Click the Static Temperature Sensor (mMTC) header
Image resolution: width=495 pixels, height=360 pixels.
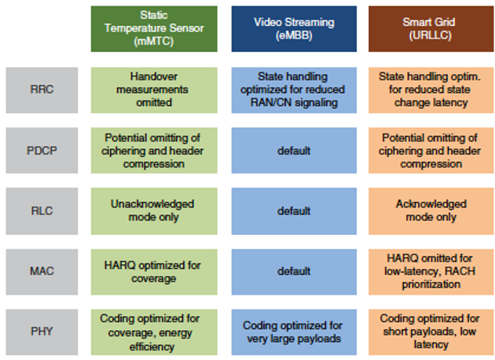pyautogui.click(x=154, y=29)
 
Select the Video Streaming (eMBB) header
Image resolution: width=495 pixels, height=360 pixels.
pyautogui.click(x=294, y=29)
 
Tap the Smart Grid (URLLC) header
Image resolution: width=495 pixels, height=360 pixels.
pyautogui.click(x=431, y=29)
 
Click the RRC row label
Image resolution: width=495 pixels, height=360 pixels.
pyautogui.click(x=42, y=90)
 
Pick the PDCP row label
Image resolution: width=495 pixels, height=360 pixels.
pyautogui.click(x=42, y=150)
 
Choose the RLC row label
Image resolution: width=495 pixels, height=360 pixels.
pyautogui.click(x=42, y=211)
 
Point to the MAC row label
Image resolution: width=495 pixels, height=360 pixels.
pyautogui.click(x=42, y=272)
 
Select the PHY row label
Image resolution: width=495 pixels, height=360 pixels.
pyautogui.click(x=42, y=332)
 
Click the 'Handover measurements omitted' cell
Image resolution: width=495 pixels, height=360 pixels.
pyautogui.click(x=154, y=90)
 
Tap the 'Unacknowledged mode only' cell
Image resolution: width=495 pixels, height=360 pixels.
pyautogui.click(x=154, y=211)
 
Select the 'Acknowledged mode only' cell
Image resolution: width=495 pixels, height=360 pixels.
pyautogui.click(x=431, y=211)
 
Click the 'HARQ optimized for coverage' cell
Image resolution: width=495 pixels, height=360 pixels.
pyautogui.click(x=154, y=272)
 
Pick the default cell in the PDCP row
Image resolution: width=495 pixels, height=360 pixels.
pyautogui.click(x=294, y=150)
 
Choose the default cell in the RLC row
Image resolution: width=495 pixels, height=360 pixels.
pyautogui.click(x=294, y=211)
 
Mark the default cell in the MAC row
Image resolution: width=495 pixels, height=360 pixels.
pyautogui.click(x=294, y=272)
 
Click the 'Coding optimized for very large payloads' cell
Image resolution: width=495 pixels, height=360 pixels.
pyautogui.click(x=294, y=332)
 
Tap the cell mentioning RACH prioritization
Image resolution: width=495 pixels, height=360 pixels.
pyautogui.click(x=431, y=272)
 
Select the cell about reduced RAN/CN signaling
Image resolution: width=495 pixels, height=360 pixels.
pyautogui.click(x=294, y=90)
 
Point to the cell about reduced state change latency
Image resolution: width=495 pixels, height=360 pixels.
pyautogui.click(x=431, y=90)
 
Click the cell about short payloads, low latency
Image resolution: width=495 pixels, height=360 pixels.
pyautogui.click(x=431, y=332)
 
